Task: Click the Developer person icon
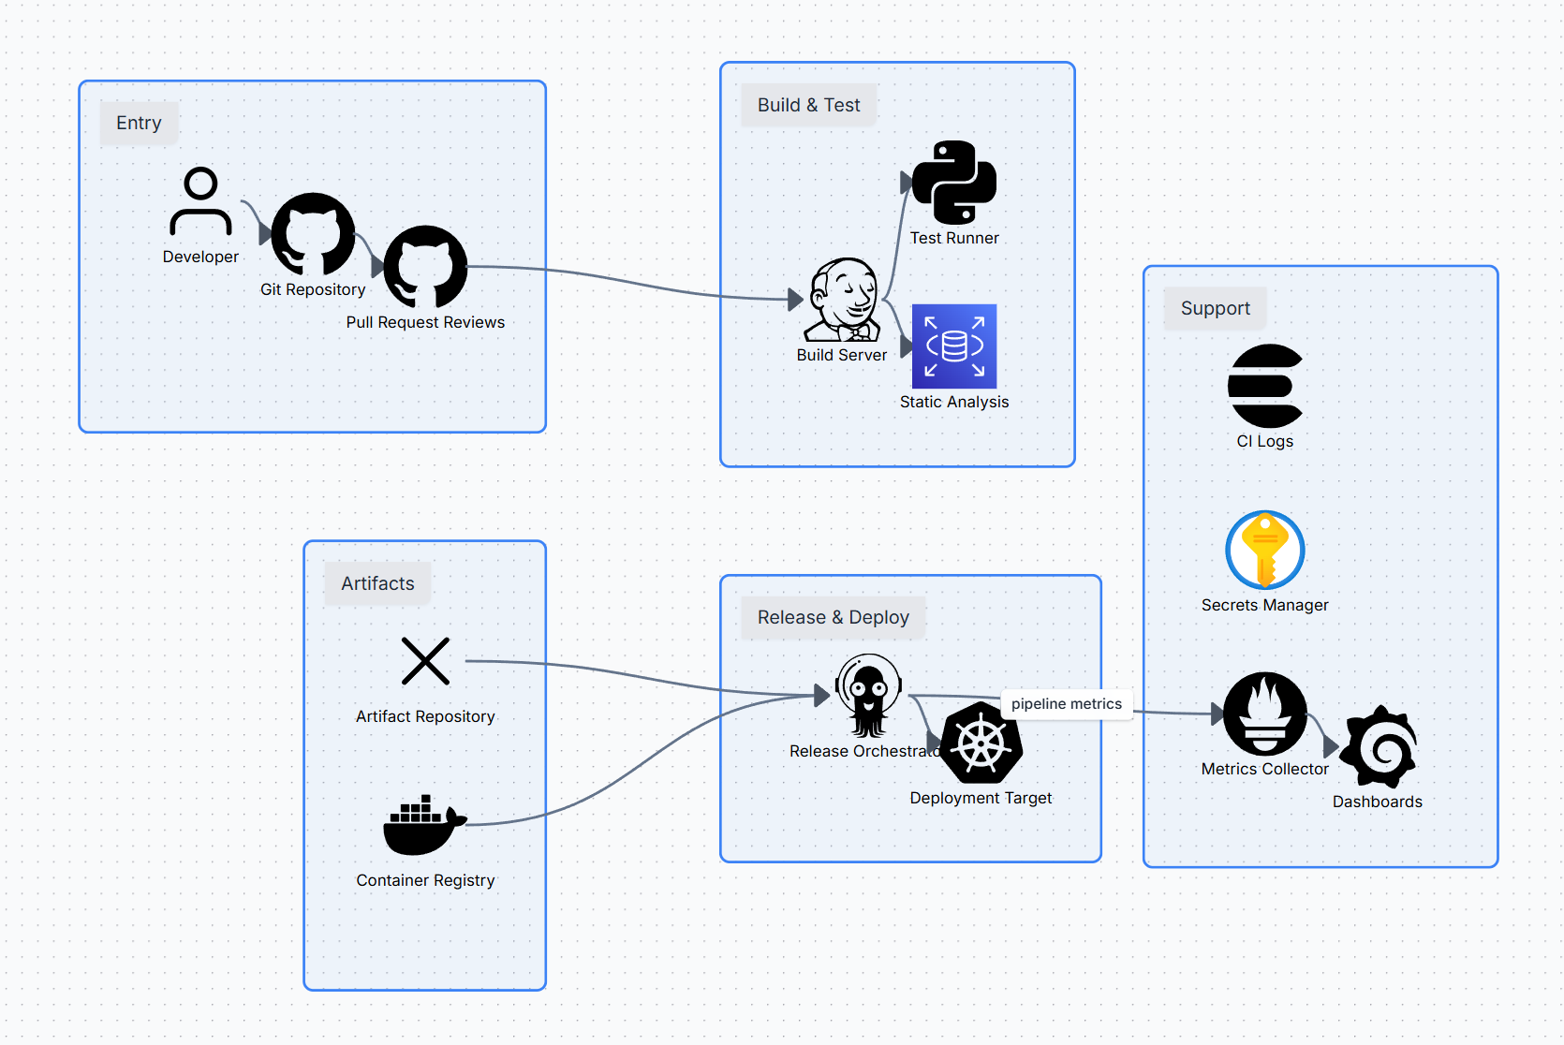tap(200, 201)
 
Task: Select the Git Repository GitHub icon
tap(313, 234)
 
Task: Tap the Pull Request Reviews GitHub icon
tap(425, 267)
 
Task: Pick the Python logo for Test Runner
tap(953, 183)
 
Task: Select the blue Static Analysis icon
tap(953, 346)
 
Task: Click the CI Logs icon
tap(1264, 386)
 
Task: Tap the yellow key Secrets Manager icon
tap(1264, 550)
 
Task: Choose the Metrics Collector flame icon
tap(1264, 714)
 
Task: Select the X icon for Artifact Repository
tap(425, 661)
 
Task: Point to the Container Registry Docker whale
tap(425, 825)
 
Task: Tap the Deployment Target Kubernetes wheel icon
tap(981, 743)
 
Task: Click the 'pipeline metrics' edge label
tap(1066, 704)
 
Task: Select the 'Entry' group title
tap(139, 123)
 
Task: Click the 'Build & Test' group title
tap(808, 105)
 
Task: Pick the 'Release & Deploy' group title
tap(833, 617)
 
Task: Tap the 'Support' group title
tap(1215, 308)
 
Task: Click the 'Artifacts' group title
tap(377, 583)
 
